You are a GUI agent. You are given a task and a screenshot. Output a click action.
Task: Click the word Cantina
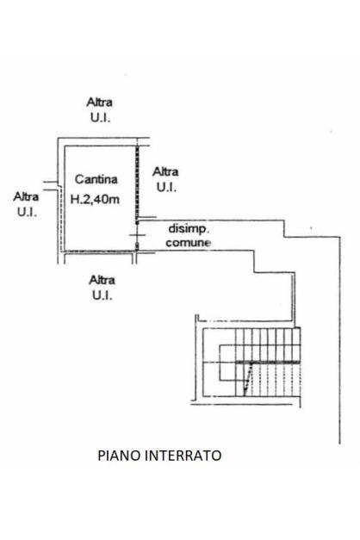click(96, 179)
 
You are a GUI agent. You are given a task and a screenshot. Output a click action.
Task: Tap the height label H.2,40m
click(95, 199)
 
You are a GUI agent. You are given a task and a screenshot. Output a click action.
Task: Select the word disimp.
click(188, 229)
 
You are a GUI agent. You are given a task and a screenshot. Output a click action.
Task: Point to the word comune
click(188, 243)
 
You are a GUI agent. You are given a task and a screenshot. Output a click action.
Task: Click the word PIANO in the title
click(119, 456)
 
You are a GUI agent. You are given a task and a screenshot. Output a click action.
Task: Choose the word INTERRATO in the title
click(183, 456)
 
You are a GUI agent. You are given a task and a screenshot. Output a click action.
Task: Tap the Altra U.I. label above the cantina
click(100, 110)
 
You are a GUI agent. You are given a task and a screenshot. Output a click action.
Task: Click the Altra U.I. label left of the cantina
click(26, 204)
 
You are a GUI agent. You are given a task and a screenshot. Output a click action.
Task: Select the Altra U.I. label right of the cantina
click(165, 179)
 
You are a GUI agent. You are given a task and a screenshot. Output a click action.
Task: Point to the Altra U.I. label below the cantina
click(102, 288)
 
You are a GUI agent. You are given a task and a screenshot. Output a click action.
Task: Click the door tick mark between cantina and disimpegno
click(137, 235)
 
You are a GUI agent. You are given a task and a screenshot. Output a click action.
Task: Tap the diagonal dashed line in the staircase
click(248, 379)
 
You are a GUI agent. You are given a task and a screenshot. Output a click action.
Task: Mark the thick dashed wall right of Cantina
click(137, 183)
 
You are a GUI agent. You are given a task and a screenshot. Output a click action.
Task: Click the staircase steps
click(268, 362)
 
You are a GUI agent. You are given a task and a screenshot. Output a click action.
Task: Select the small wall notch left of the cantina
click(50, 186)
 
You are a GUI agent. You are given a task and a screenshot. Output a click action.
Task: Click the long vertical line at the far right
click(339, 340)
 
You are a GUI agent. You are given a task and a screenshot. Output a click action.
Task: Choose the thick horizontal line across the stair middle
click(268, 363)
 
